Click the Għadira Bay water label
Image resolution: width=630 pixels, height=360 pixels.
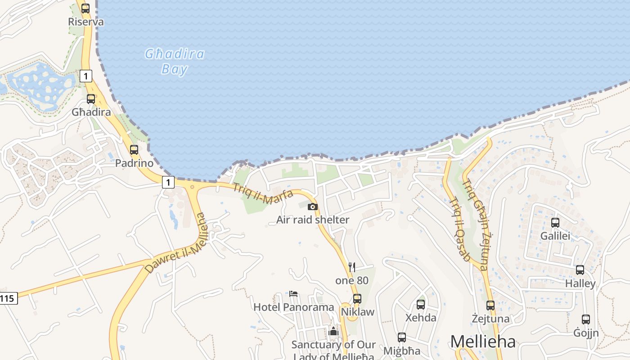point(174,62)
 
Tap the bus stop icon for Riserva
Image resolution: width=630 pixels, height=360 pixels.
point(85,8)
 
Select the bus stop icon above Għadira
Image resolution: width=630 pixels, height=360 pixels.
point(91,99)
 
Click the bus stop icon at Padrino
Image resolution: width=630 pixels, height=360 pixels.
point(134,150)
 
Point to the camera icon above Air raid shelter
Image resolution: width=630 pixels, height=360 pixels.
point(312,207)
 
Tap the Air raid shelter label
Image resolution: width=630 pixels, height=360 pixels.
point(313,220)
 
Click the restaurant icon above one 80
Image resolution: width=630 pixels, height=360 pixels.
point(352,267)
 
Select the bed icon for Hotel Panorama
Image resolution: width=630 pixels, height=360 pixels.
point(293,294)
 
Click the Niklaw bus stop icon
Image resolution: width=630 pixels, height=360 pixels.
point(357,298)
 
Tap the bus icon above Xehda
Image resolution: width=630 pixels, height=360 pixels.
point(421,305)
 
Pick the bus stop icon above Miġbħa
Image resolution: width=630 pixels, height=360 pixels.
point(402,337)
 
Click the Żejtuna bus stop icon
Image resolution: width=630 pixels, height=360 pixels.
point(490,306)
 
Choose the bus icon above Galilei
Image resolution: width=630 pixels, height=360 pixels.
point(555,223)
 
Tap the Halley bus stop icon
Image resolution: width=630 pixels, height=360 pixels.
point(580,270)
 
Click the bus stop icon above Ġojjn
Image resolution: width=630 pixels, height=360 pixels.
point(586,319)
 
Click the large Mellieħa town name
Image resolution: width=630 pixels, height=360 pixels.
point(483,342)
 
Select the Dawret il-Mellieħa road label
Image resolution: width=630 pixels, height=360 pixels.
point(176,243)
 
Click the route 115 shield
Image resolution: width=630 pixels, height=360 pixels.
point(8,298)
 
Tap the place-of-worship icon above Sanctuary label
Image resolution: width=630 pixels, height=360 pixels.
point(333,331)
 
